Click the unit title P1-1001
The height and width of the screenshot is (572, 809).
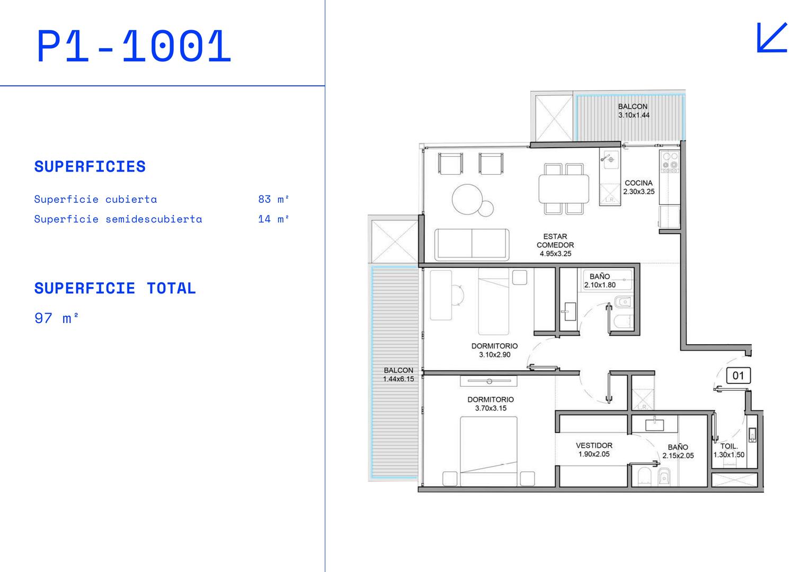(134, 47)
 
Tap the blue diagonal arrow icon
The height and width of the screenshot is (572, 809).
(772, 38)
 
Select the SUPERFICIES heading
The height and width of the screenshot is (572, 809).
(90, 167)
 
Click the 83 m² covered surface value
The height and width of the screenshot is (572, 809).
(273, 200)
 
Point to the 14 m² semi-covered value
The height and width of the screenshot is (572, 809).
(273, 219)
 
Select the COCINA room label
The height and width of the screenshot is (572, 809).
(638, 183)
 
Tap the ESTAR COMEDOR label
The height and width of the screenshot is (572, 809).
(555, 241)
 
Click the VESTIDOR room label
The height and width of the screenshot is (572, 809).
(594, 445)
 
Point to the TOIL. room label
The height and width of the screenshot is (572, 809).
(729, 446)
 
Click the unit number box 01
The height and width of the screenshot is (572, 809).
(738, 376)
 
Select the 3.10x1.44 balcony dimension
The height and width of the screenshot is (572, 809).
(634, 115)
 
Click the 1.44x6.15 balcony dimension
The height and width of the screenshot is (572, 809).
(398, 379)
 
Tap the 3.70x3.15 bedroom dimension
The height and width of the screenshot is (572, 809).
(491, 408)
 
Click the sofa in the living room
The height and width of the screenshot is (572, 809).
(472, 244)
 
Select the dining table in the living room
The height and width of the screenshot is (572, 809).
(564, 188)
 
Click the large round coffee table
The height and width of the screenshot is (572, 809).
(467, 199)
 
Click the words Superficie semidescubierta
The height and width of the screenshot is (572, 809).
(118, 219)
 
